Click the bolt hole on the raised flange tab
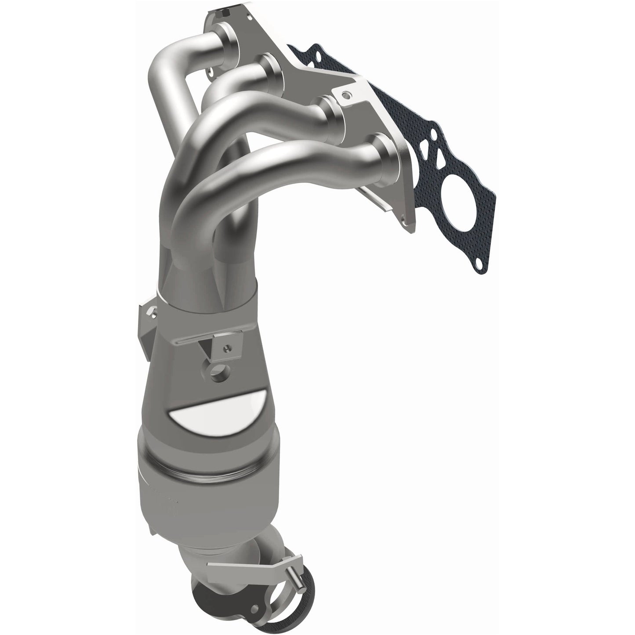pos(347,95)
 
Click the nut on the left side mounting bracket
pos(152,313)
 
